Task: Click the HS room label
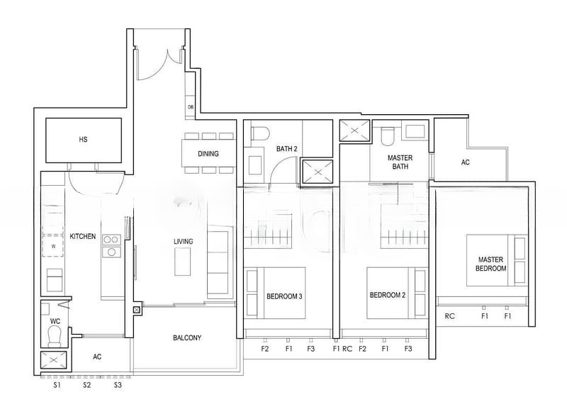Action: pos(83,139)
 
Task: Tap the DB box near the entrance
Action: pos(191,107)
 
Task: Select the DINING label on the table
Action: pos(208,154)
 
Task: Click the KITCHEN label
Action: pos(83,236)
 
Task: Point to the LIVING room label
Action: pos(184,241)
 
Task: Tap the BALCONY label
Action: pos(187,337)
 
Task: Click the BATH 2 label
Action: pos(287,149)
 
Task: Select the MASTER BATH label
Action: pos(400,162)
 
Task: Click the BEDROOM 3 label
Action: pos(284,296)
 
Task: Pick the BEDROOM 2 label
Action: pos(387,295)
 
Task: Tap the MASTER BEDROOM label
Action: pos(490,264)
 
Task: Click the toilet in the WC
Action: pos(55,336)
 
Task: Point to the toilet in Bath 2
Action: pos(260,133)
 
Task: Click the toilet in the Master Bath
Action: pos(388,135)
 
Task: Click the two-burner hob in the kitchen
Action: pos(111,240)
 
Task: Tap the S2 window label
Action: pos(86,385)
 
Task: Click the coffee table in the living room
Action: pos(183,262)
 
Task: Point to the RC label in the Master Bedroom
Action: pos(449,316)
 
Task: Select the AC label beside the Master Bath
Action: pos(466,162)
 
